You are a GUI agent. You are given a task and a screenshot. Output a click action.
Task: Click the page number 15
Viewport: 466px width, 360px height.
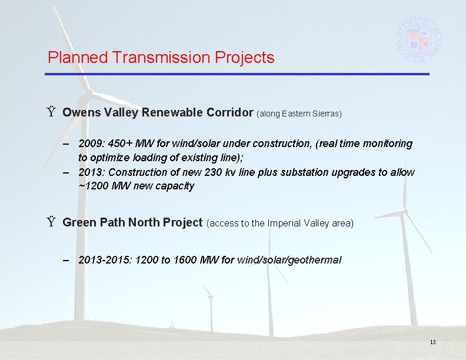point(432,342)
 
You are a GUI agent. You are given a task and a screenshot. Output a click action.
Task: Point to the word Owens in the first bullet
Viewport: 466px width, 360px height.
point(79,112)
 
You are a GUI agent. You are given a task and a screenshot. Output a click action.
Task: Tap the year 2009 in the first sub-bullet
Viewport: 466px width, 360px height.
point(90,144)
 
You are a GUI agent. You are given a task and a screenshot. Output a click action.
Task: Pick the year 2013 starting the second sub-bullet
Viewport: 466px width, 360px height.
point(90,172)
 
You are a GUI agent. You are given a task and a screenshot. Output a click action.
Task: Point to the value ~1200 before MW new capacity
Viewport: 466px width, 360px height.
point(92,186)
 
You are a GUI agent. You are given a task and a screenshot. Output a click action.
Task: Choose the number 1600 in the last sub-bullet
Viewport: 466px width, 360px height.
point(186,259)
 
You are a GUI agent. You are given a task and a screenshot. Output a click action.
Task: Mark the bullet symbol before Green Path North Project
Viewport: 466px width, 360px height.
point(52,222)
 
